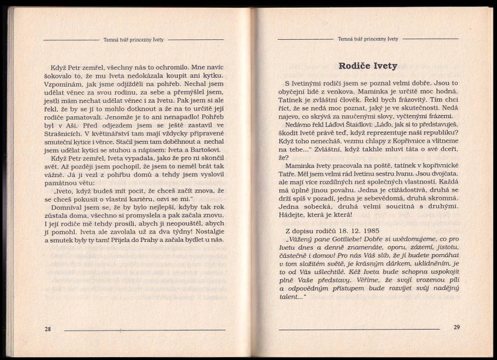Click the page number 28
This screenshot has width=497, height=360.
pyautogui.click(x=47, y=329)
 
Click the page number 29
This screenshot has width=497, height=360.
pyautogui.click(x=457, y=327)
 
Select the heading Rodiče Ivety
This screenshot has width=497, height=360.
pyautogui.click(x=368, y=65)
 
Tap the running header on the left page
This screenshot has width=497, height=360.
pyautogui.click(x=134, y=40)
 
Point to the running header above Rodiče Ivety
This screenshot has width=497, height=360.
pyautogui.click(x=368, y=39)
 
